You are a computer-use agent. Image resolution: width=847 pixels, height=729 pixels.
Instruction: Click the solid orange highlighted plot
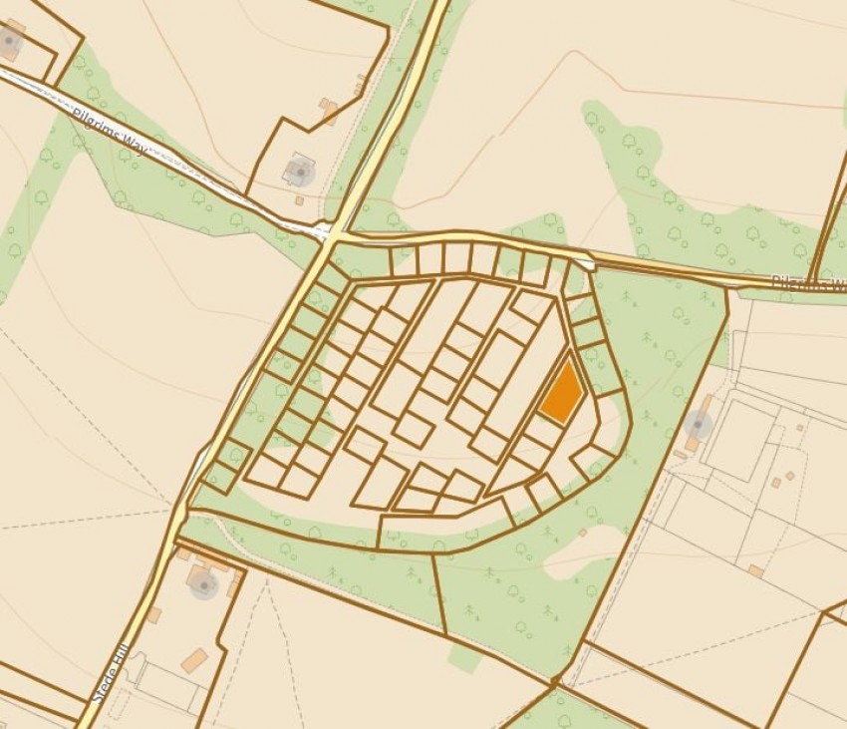pos(561,394)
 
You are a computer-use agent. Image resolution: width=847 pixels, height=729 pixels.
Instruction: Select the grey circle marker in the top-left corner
pos(10,41)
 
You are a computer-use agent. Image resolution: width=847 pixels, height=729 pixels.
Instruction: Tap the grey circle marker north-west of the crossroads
pos(299,173)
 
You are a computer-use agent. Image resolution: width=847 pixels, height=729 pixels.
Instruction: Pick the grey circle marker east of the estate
pos(698,427)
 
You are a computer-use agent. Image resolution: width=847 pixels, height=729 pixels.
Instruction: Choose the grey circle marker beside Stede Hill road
pos(203,582)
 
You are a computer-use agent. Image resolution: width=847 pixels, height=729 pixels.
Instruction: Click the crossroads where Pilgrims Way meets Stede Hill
pos(333,235)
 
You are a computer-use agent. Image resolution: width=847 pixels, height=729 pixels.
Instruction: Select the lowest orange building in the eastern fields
pos(756,571)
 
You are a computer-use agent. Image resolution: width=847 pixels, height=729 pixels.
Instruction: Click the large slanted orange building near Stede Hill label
pos(194,660)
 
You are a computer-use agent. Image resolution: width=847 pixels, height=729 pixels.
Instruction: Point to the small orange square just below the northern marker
pos(299,199)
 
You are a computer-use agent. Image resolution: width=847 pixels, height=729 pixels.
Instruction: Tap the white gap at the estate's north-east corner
pos(590,264)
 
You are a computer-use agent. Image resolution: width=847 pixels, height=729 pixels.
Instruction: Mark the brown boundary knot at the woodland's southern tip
pos(554,683)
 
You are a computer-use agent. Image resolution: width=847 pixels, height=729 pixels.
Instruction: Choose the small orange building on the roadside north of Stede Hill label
pos(153,614)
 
